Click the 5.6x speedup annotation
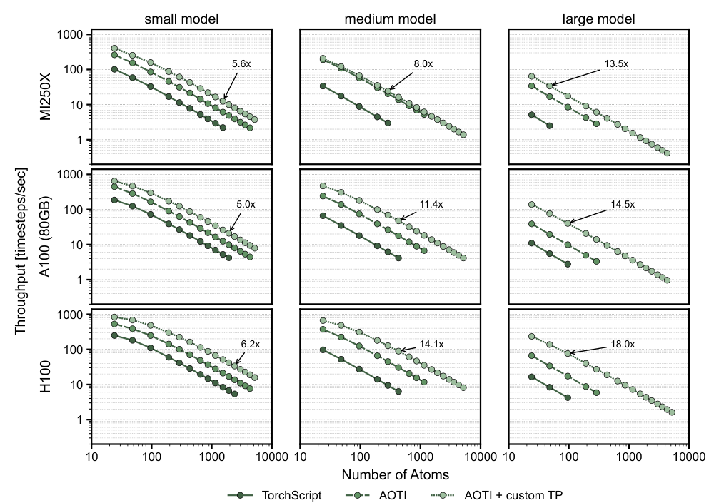click(241, 64)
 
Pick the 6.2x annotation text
click(250, 345)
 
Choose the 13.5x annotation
click(616, 64)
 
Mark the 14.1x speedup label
click(431, 345)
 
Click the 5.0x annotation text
click(246, 205)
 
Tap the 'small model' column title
click(181, 19)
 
